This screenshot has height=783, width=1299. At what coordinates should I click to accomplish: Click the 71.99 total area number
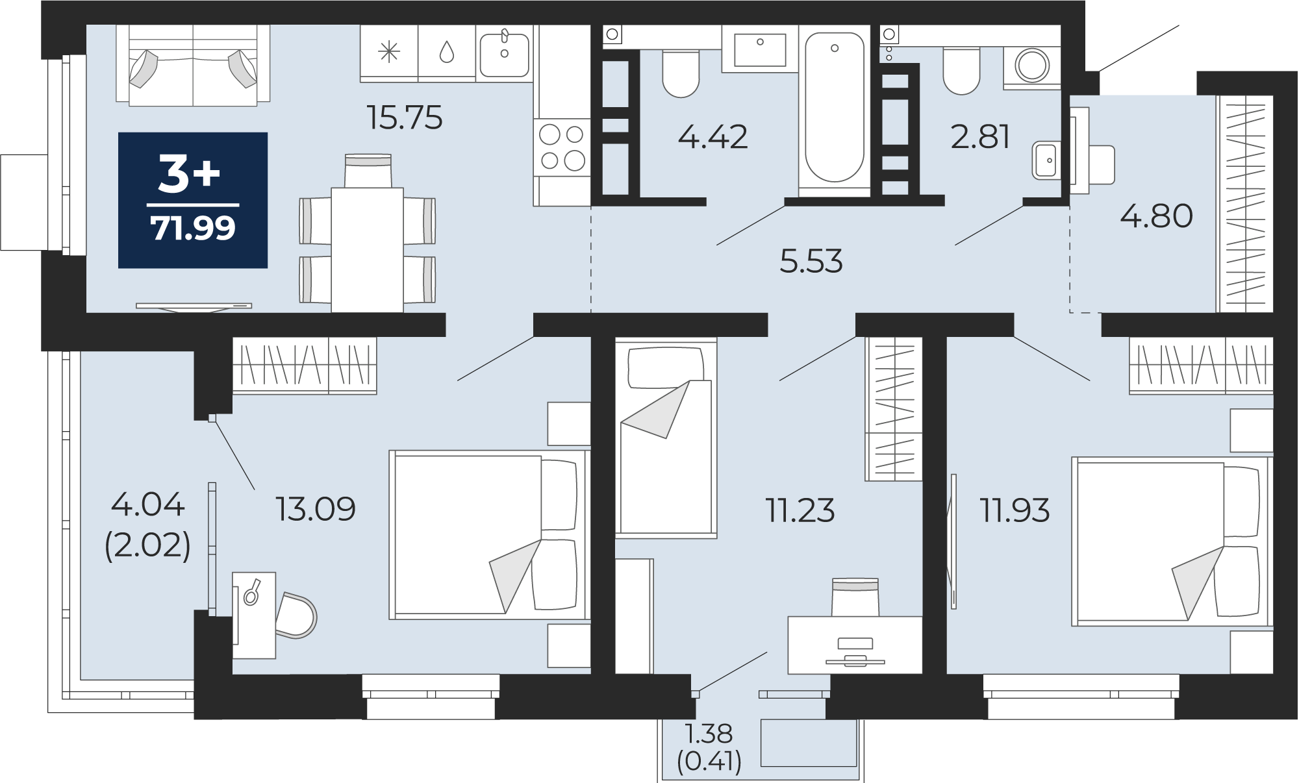point(193,229)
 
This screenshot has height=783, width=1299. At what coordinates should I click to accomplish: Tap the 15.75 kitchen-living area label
point(405,118)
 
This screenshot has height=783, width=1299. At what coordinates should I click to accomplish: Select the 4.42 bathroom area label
point(713,137)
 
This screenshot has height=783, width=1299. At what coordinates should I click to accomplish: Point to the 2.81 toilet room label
point(980,137)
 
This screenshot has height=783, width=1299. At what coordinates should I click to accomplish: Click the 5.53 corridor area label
point(811,262)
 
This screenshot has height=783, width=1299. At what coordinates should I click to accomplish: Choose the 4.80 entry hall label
point(1157,216)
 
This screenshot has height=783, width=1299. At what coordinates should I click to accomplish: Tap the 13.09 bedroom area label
point(316,509)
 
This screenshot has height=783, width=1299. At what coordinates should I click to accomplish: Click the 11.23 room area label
point(800,510)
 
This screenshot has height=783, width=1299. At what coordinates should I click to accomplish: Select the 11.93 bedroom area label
point(1015,510)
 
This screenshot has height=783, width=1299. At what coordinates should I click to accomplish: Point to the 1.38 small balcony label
point(709,734)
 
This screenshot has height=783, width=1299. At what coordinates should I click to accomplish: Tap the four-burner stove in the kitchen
point(562,147)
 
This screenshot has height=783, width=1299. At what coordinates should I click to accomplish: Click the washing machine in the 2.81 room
point(1031,66)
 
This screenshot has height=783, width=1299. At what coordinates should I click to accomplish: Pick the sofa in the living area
point(193,64)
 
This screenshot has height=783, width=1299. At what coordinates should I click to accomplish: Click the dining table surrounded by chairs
point(367,250)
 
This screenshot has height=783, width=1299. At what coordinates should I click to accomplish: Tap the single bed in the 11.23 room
point(666,438)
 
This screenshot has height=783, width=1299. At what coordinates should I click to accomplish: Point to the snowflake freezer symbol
point(388,52)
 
